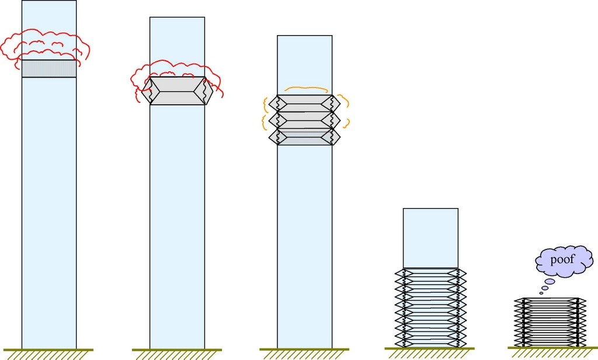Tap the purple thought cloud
[x=578, y=266]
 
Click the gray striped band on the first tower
[x=49, y=68]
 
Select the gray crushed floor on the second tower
[x=178, y=91]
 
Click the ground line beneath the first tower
[x=49, y=350]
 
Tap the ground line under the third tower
[x=304, y=350]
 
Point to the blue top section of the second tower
[x=178, y=44]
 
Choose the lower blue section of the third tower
[x=304, y=245]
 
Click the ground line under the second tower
[x=177, y=350]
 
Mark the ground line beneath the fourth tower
[x=430, y=350]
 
